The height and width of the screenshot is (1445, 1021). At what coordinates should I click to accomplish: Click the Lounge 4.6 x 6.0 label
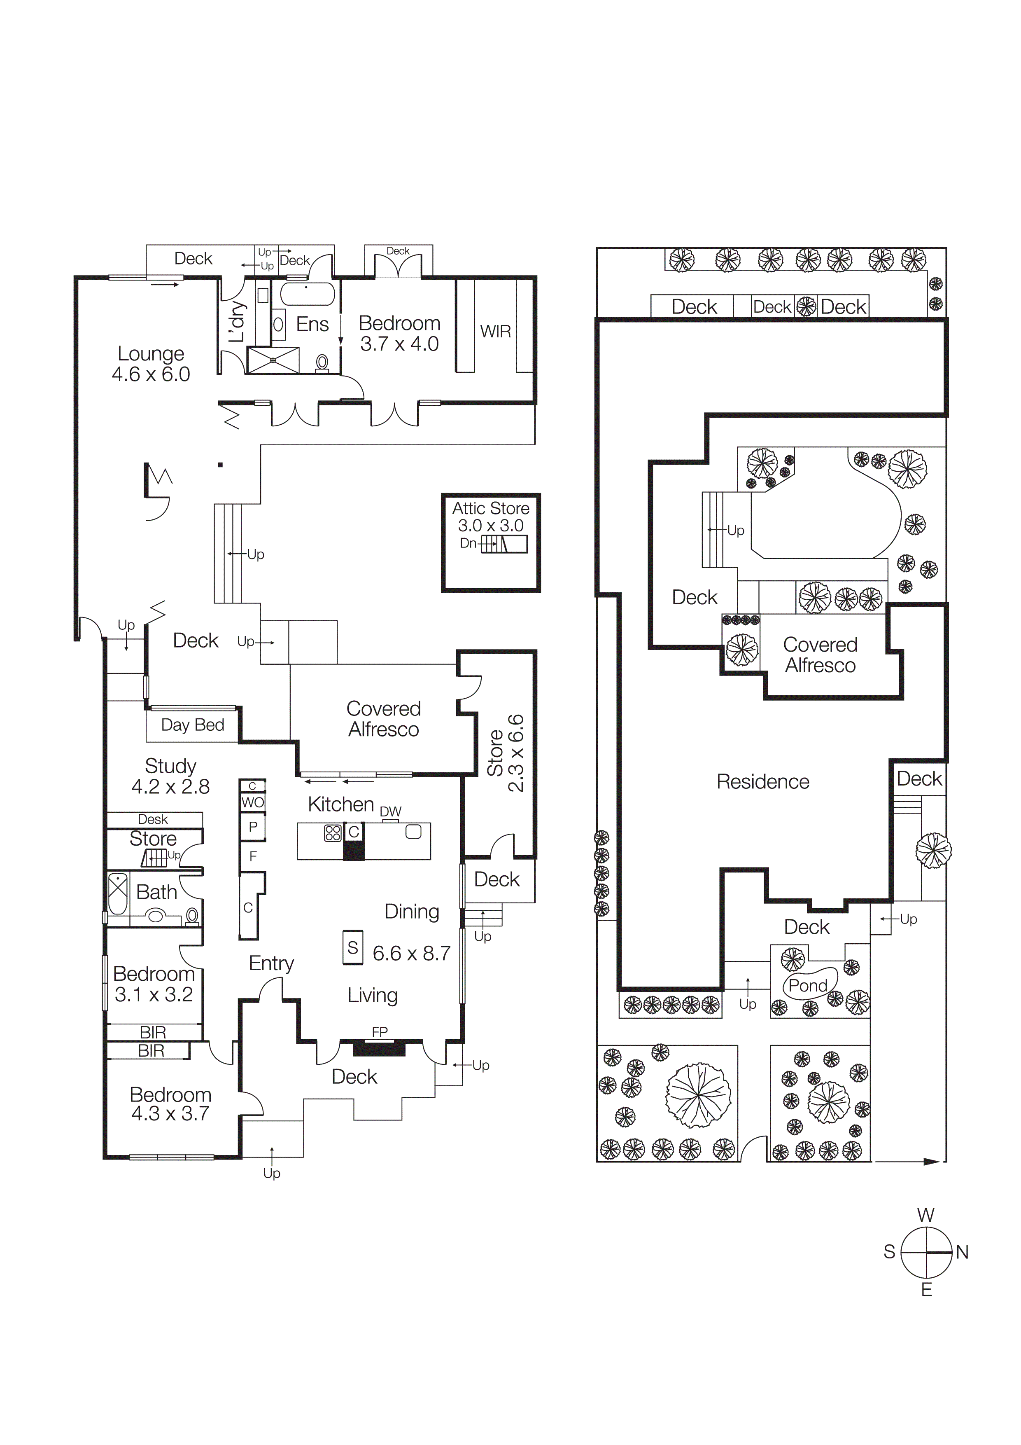click(x=151, y=364)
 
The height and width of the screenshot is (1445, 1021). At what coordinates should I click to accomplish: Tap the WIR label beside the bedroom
click(x=495, y=332)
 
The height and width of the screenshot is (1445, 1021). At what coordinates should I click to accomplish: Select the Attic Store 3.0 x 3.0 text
click(x=491, y=517)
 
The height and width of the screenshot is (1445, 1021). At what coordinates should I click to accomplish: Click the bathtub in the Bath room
click(x=118, y=894)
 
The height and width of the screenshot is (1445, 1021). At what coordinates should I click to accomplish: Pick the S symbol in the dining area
click(x=353, y=947)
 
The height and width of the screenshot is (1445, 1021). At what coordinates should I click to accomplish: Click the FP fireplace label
click(x=379, y=1032)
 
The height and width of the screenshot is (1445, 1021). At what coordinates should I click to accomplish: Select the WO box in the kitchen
click(x=252, y=802)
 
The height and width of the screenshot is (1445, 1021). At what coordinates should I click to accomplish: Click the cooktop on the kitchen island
click(x=332, y=833)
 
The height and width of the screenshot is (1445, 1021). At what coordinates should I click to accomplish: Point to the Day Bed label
click(x=193, y=725)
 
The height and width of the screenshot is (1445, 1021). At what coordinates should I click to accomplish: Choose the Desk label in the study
click(x=153, y=819)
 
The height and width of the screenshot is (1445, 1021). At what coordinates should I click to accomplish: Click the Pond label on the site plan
click(x=808, y=986)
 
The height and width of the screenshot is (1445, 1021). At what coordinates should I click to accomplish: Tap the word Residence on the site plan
click(x=762, y=782)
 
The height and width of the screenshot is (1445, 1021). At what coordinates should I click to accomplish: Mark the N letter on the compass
click(x=962, y=1252)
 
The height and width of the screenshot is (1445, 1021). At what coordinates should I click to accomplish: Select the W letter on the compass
click(x=925, y=1215)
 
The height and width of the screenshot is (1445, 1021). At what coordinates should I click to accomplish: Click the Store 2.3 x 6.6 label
click(x=505, y=753)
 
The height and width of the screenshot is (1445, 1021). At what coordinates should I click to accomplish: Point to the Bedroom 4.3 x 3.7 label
click(x=170, y=1104)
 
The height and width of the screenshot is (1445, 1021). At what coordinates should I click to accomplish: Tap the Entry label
click(x=271, y=963)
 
